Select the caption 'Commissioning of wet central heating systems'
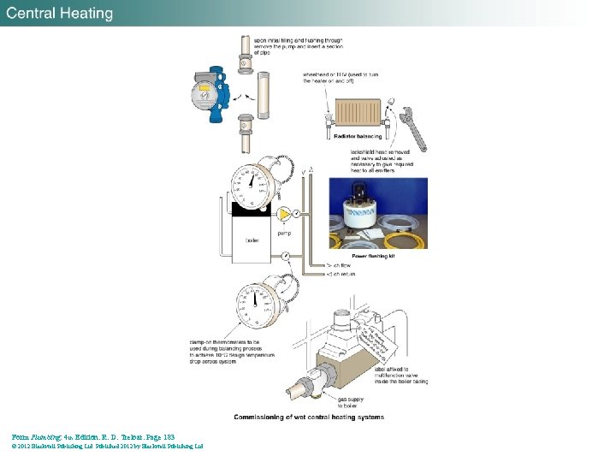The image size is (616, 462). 309,418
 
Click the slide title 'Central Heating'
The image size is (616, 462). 60,13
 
